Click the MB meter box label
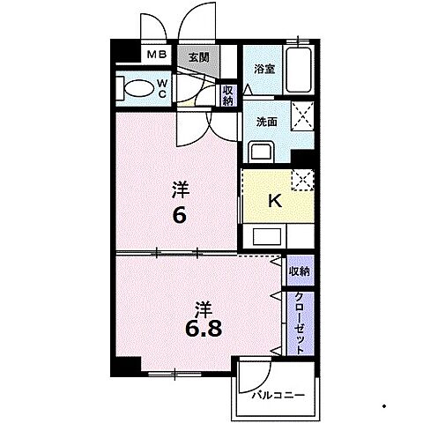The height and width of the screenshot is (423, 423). point(157,55)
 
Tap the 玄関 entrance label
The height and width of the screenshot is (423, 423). point(199,57)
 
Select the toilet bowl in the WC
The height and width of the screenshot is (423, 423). point(139,88)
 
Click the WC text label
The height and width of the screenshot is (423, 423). point(162,89)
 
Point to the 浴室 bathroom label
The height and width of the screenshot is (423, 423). point(264,70)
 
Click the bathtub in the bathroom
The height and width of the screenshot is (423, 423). point(299,70)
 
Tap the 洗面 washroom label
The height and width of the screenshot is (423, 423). point(267,122)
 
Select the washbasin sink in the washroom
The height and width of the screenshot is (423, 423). point(261,152)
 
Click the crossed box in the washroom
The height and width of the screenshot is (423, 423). point(302,115)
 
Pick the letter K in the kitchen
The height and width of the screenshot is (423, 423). point(275,201)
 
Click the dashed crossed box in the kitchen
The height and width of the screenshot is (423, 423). point(302,180)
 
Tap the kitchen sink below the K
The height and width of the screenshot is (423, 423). point(267,237)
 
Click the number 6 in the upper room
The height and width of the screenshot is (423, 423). point(179,216)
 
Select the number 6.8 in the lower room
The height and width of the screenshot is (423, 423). point(204,328)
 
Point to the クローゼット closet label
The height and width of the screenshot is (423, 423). point(300,323)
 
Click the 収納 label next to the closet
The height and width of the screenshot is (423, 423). point(300,271)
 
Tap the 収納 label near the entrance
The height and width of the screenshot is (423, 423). point(228,95)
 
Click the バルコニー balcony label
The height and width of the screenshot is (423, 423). point(278,396)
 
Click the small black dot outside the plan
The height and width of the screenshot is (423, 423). point(384,406)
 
